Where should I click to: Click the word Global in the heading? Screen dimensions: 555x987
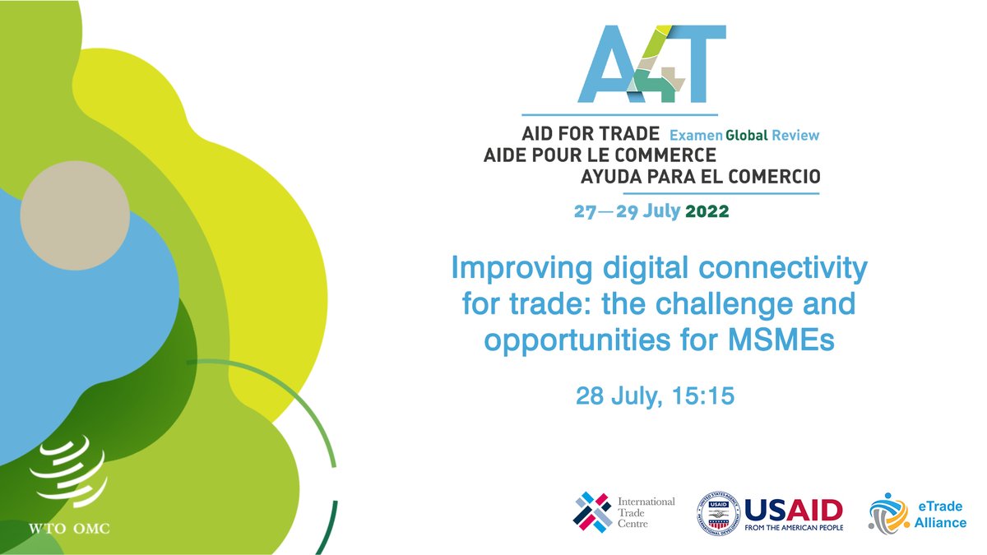click(x=751, y=134)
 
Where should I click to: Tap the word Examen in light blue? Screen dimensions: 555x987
click(x=695, y=134)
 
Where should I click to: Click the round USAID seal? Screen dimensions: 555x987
click(x=717, y=511)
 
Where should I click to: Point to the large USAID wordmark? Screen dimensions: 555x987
click(x=794, y=506)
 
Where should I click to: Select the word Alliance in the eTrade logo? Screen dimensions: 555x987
click(x=939, y=522)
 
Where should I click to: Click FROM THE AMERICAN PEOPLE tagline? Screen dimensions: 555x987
click(x=794, y=526)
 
